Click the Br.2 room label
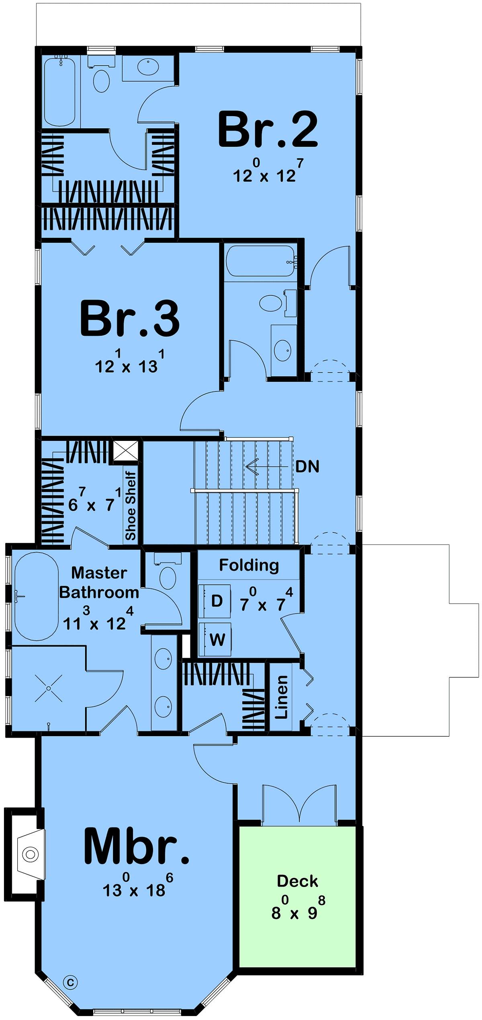[x=268, y=129]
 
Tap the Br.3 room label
[x=130, y=318]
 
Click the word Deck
[x=298, y=881]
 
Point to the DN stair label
[x=307, y=467]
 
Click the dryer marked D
[x=215, y=601]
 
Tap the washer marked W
[x=215, y=639]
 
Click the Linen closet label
[x=281, y=697]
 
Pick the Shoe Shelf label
[x=131, y=506]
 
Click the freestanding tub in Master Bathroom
[x=37, y=596]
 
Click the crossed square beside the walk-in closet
[x=126, y=451]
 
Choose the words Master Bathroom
[x=99, y=583]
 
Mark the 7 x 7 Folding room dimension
[x=266, y=599]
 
